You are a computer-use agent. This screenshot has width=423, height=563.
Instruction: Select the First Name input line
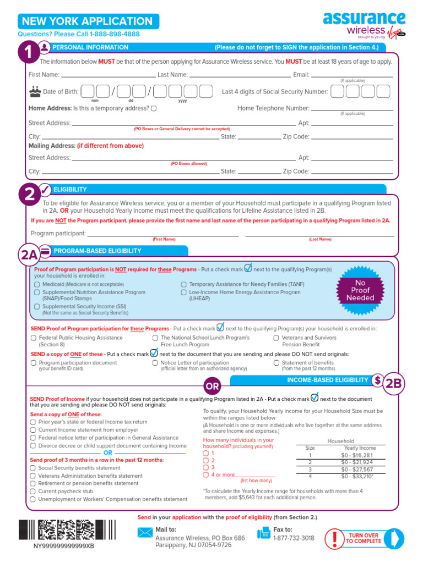pyautogui.click(x=108, y=75)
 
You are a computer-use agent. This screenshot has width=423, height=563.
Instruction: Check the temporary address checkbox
pyautogui.click(x=153, y=108)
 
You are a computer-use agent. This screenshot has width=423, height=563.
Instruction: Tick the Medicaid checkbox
pyautogui.click(x=37, y=284)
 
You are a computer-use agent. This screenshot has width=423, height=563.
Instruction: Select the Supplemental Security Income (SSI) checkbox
pyautogui.click(x=37, y=306)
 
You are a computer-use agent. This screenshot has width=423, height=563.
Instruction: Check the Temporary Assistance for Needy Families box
pyautogui.click(x=183, y=284)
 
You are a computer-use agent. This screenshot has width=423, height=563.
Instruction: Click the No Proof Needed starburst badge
pyautogui.click(x=360, y=290)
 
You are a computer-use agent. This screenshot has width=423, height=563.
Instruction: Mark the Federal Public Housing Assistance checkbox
pyautogui.click(x=34, y=338)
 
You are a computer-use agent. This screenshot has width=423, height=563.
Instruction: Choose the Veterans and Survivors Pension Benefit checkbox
pyautogui.click(x=276, y=338)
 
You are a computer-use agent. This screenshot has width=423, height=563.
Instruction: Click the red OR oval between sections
pyautogui.click(x=213, y=387)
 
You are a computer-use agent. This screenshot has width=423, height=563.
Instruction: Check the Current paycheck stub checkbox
pyautogui.click(x=33, y=491)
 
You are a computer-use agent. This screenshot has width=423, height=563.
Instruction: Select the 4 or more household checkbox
pyautogui.click(x=205, y=474)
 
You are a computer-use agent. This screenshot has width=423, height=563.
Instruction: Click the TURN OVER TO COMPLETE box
pyautogui.click(x=362, y=538)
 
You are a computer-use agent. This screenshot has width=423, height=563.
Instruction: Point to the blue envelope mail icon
pyautogui.click(x=145, y=532)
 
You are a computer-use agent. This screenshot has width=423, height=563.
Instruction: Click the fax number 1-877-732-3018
pyautogui.click(x=294, y=538)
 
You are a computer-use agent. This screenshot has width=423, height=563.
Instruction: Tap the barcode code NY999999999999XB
pyautogui.click(x=63, y=547)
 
